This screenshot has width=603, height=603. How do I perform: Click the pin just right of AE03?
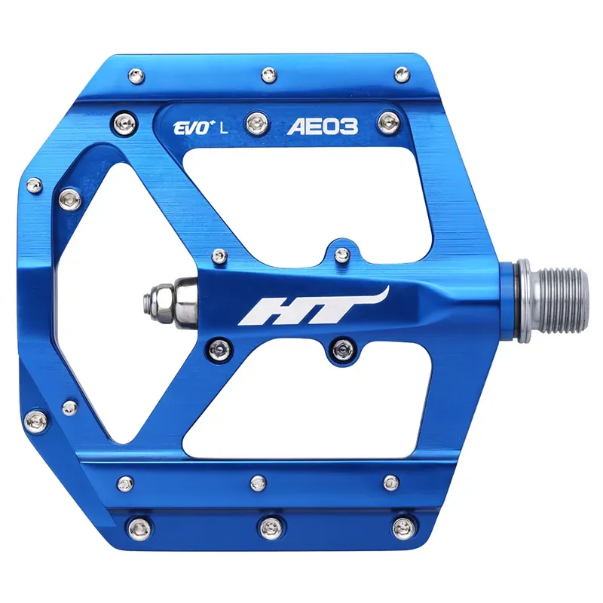coord(389,118)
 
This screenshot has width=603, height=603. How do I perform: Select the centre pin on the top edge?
coord(268,75)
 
